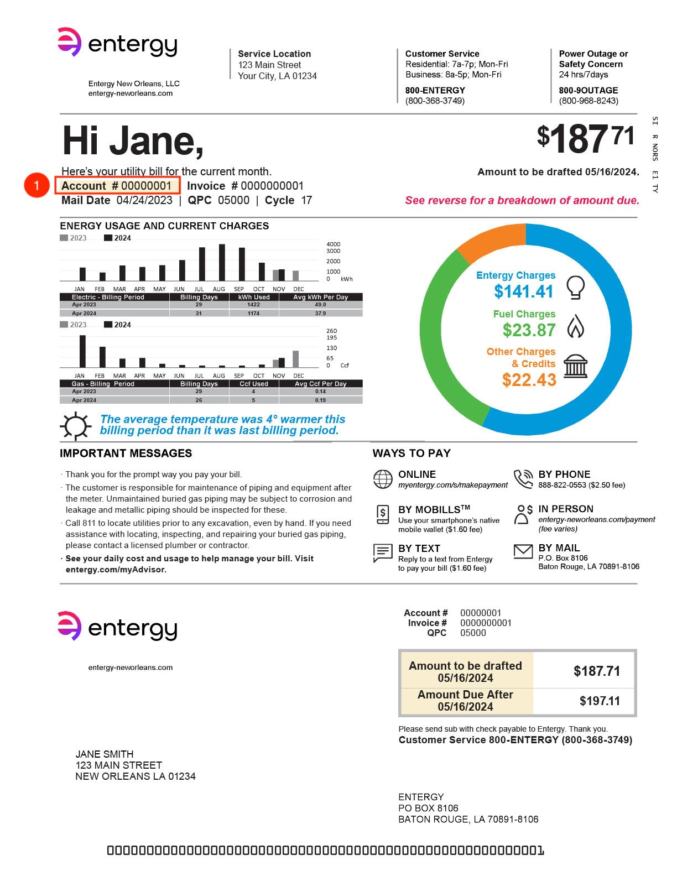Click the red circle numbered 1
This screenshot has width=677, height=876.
(37, 185)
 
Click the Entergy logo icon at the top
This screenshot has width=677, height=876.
(69, 42)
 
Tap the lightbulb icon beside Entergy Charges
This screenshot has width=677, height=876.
(575, 287)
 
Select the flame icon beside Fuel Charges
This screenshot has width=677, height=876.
(575, 326)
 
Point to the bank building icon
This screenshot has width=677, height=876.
(575, 367)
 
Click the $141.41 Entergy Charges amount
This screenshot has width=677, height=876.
(523, 291)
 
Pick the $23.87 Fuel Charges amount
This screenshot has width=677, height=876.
(529, 330)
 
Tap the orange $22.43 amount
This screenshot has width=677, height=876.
(529, 380)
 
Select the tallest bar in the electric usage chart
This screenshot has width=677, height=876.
(222, 263)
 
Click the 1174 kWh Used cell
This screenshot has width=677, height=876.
(253, 314)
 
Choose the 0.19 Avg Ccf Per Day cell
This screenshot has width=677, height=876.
(320, 400)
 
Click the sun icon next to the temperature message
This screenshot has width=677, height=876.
(75, 426)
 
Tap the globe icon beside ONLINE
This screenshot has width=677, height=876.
(383, 479)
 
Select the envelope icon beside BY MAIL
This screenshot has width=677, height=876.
(523, 551)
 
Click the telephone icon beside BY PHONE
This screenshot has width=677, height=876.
(523, 479)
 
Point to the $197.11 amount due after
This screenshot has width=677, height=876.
(600, 701)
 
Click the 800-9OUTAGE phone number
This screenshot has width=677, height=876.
(589, 90)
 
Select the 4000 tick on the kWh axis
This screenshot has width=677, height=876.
(334, 244)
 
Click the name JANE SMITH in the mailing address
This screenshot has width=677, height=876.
(105, 754)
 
